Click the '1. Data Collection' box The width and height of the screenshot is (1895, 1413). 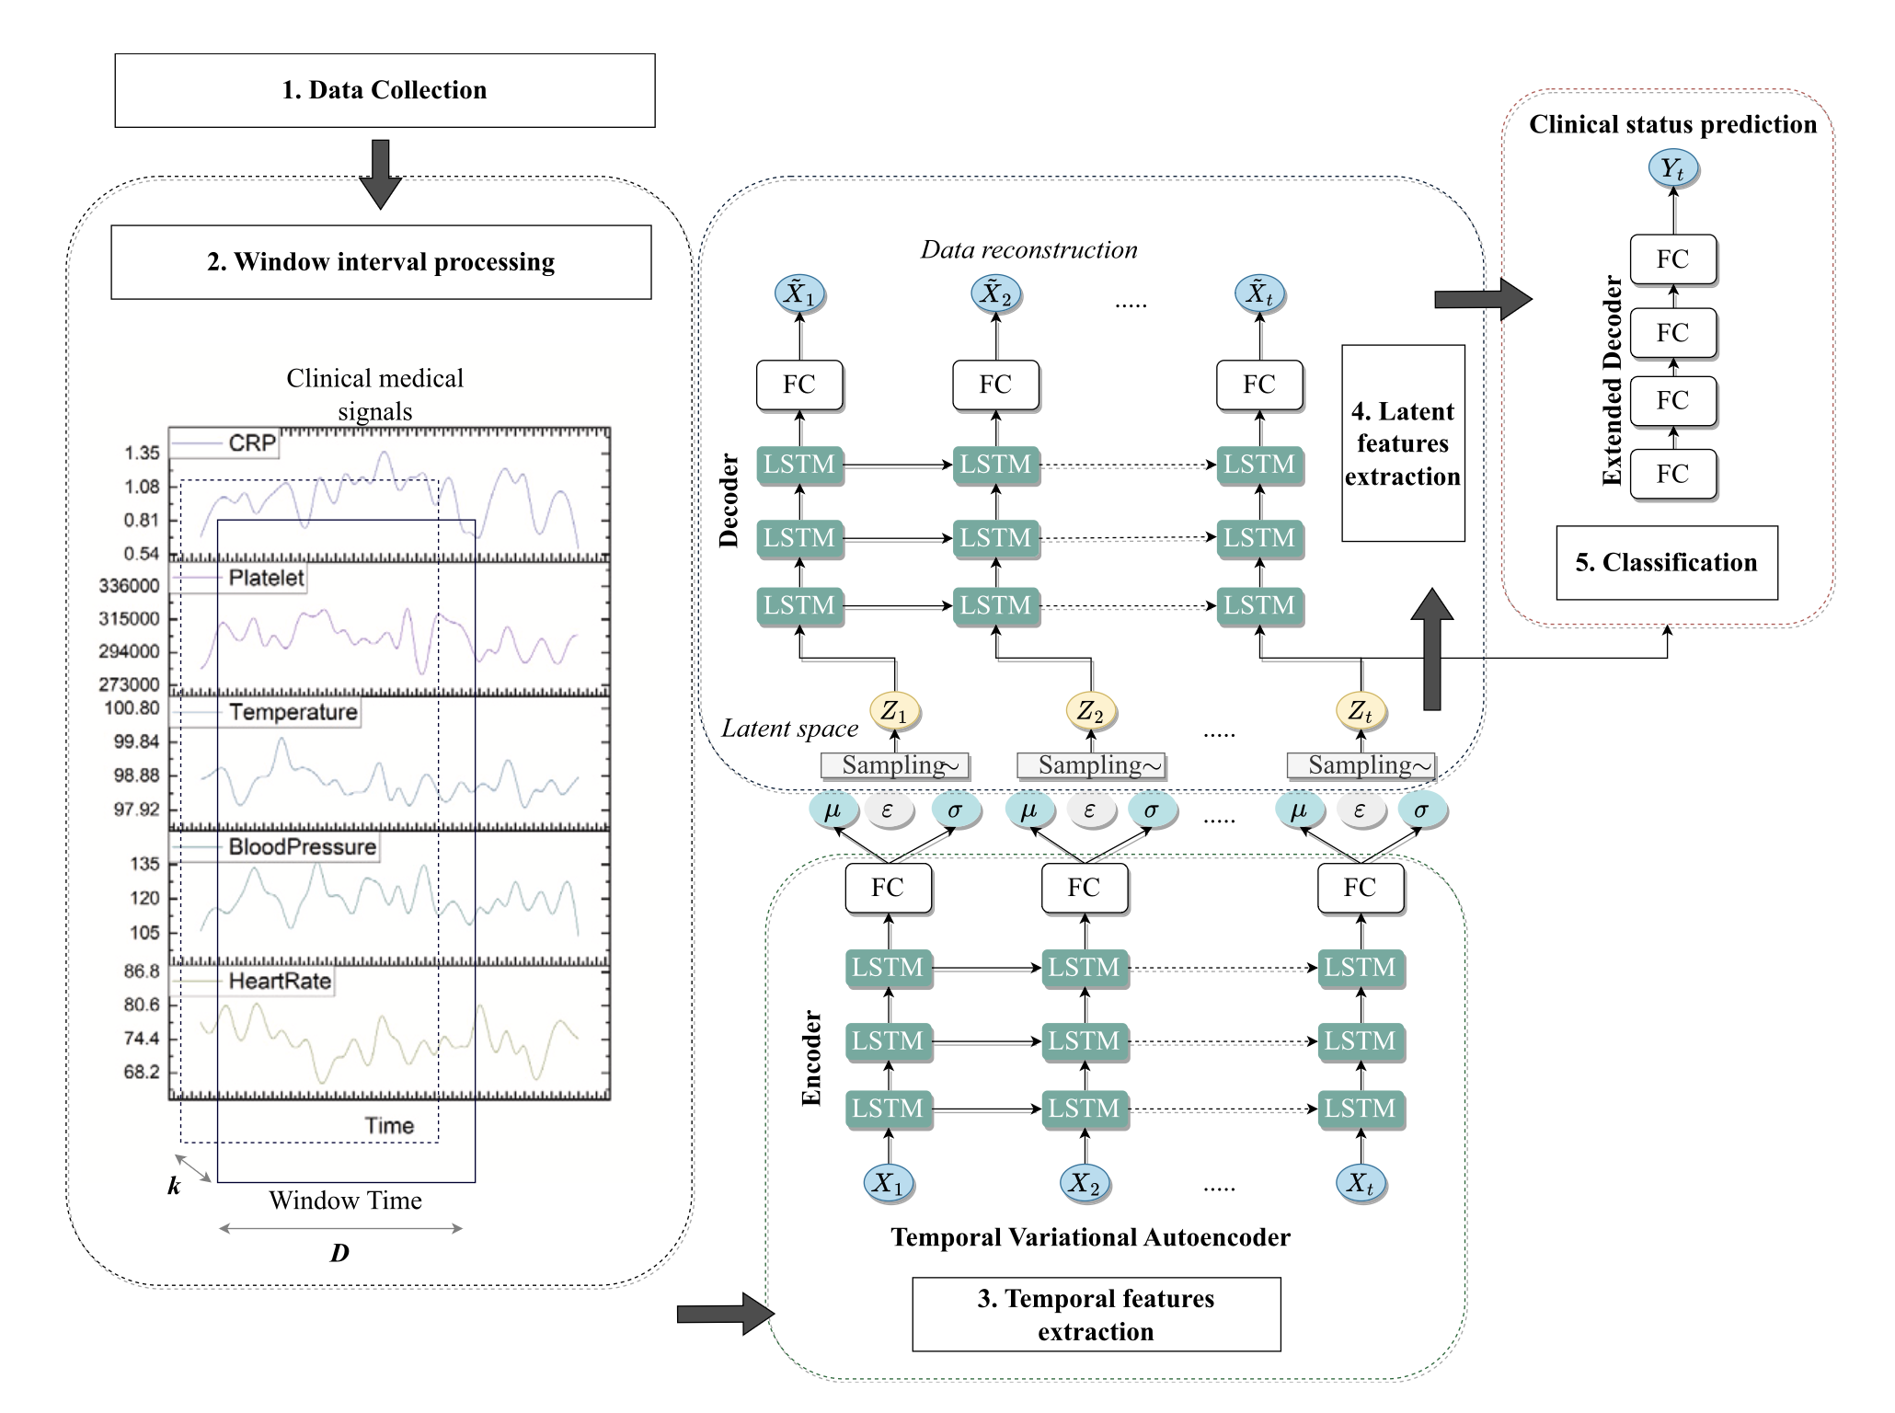(x=385, y=90)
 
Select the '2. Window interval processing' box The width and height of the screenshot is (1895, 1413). (x=381, y=262)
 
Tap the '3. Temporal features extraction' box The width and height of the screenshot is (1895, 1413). (x=1096, y=1315)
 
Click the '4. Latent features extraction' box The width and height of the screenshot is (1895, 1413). (x=1403, y=443)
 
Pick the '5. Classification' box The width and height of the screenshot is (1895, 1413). (x=1666, y=563)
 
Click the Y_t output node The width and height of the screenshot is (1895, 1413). (x=1672, y=169)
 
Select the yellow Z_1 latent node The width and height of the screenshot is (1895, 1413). (x=894, y=711)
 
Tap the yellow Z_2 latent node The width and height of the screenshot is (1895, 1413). (x=1090, y=711)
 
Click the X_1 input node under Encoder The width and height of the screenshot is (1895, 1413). (x=888, y=1183)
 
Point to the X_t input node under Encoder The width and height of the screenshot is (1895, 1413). (x=1360, y=1183)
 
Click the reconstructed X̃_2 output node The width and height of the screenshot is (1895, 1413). (x=995, y=293)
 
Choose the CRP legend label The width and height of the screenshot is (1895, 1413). (x=252, y=443)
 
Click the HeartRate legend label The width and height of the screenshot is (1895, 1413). (x=280, y=981)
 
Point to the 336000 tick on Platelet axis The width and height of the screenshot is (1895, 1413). (x=129, y=586)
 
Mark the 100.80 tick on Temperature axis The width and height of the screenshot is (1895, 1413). (x=132, y=708)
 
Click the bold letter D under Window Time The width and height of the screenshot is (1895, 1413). (x=339, y=1253)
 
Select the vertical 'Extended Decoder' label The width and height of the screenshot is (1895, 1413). (x=1612, y=380)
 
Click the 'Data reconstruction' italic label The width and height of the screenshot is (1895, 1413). (x=1028, y=250)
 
